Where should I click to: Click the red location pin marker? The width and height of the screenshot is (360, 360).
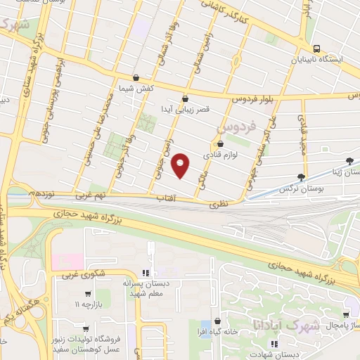[x=181, y=165]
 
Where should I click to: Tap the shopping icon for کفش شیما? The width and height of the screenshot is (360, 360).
[x=136, y=77]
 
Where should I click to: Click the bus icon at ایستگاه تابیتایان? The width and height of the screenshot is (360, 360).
[x=317, y=49]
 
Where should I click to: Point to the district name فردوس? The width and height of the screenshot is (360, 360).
[x=233, y=127]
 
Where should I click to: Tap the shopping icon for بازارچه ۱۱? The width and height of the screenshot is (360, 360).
[x=87, y=294]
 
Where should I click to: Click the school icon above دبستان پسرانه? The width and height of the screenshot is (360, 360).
[x=146, y=272]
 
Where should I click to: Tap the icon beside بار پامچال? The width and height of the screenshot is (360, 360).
[x=345, y=316]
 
